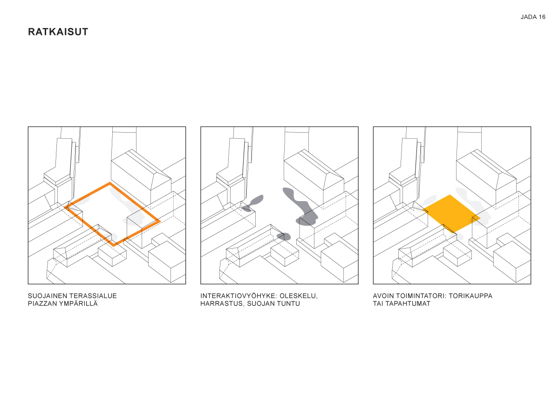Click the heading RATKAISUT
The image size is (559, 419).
click(58, 32)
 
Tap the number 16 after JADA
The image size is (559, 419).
click(542, 17)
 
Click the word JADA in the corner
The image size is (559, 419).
click(528, 17)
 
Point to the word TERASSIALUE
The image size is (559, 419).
click(93, 296)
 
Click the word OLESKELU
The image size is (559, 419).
click(299, 296)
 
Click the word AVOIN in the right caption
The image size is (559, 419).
click(383, 296)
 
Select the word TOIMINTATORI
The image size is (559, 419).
click(421, 296)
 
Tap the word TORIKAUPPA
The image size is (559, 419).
click(470, 296)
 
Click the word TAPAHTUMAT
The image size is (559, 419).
click(408, 304)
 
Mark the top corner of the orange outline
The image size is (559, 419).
click(110, 183)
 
